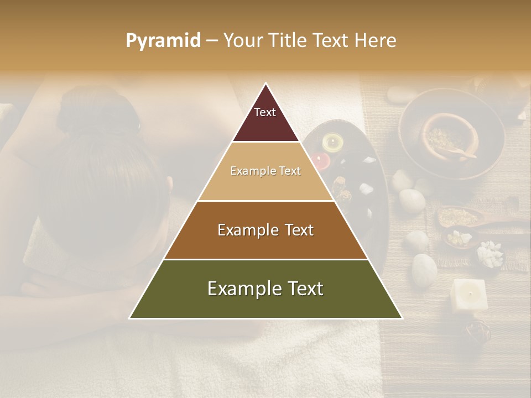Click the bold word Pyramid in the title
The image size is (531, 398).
(163, 41)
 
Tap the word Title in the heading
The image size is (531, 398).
(288, 41)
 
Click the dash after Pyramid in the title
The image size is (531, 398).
(212, 41)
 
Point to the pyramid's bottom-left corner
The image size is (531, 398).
(129, 318)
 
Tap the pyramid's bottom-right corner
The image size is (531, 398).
(402, 318)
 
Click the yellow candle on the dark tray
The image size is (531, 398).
(332, 142)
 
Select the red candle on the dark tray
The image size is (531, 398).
(320, 160)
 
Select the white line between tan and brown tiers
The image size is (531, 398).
(265, 201)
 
